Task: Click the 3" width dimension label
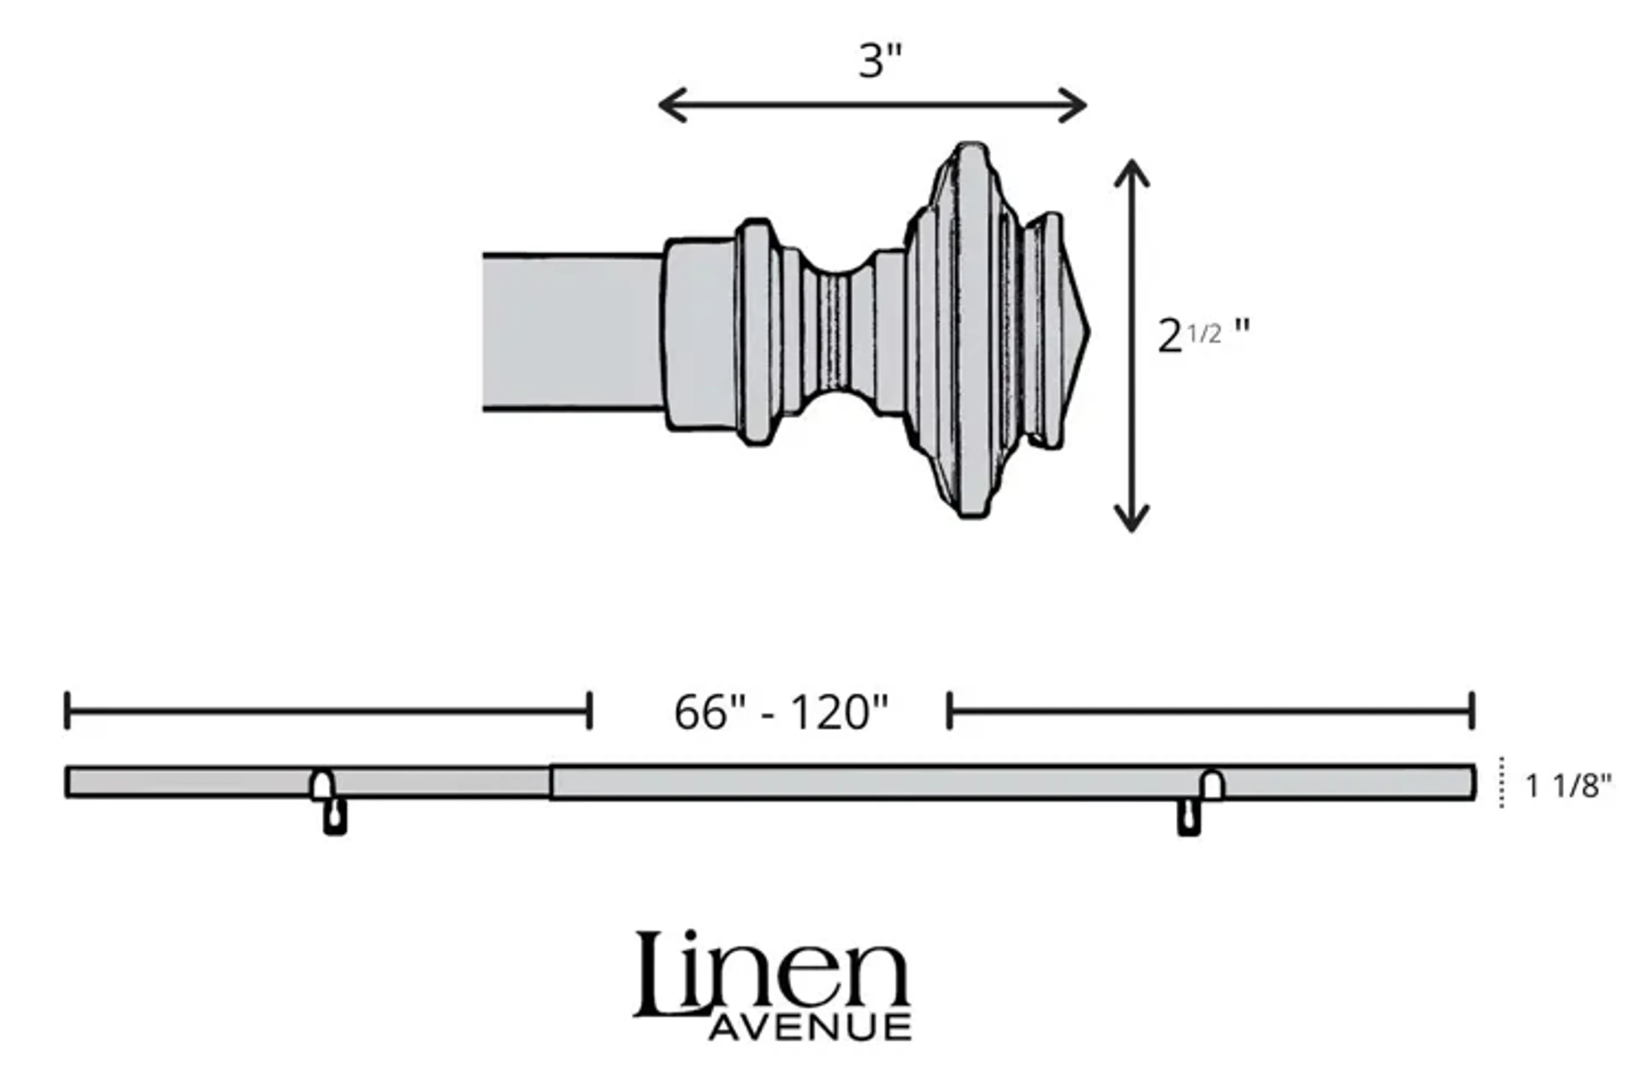[880, 61]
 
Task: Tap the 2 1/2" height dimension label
[1202, 336]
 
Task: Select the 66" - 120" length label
[781, 712]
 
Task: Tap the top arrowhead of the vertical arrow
[1131, 171]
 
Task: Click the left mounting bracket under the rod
[335, 816]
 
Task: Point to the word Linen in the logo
[771, 975]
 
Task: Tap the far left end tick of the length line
[67, 710]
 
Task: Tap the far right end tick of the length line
[1471, 710]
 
